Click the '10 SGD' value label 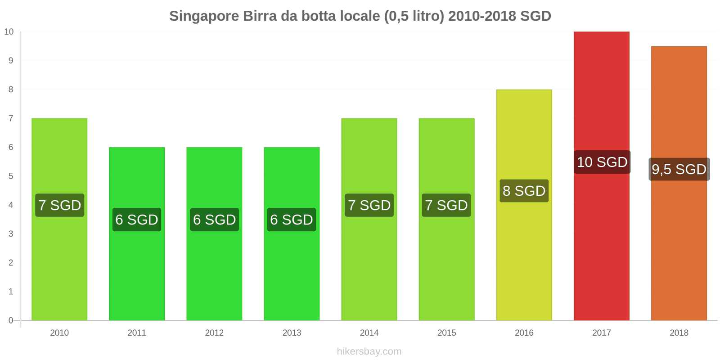click(602, 162)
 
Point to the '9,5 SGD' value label click(679, 169)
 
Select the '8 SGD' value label click(524, 191)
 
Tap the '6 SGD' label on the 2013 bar click(292, 220)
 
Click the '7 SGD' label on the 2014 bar click(369, 205)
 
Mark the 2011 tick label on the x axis click(137, 333)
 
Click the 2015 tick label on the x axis click(446, 333)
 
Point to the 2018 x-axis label click(679, 333)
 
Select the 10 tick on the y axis click(9, 31)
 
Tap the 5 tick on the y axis click(11, 176)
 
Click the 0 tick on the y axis click(11, 320)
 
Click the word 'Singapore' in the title click(204, 16)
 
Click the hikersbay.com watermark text click(369, 351)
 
